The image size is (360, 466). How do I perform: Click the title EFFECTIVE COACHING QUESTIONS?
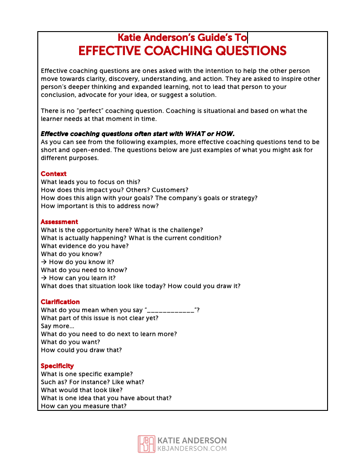(182, 51)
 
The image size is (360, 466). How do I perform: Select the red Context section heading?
(54, 174)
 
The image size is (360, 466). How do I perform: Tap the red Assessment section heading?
(59, 222)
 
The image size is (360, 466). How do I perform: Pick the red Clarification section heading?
(60, 302)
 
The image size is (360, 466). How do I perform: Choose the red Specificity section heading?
(57, 366)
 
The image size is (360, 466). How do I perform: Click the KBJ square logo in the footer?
(147, 444)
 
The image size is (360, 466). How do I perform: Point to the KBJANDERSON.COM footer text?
(192, 449)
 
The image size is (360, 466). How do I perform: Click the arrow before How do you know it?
(44, 262)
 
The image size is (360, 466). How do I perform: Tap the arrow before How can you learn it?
(44, 278)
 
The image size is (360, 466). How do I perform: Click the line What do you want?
(70, 342)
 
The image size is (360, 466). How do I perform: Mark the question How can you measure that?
(84, 406)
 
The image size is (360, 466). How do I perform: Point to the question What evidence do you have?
(84, 246)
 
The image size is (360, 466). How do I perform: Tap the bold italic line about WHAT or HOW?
(137, 134)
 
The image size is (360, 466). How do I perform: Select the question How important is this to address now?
(100, 206)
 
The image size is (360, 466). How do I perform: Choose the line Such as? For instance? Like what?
(92, 382)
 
